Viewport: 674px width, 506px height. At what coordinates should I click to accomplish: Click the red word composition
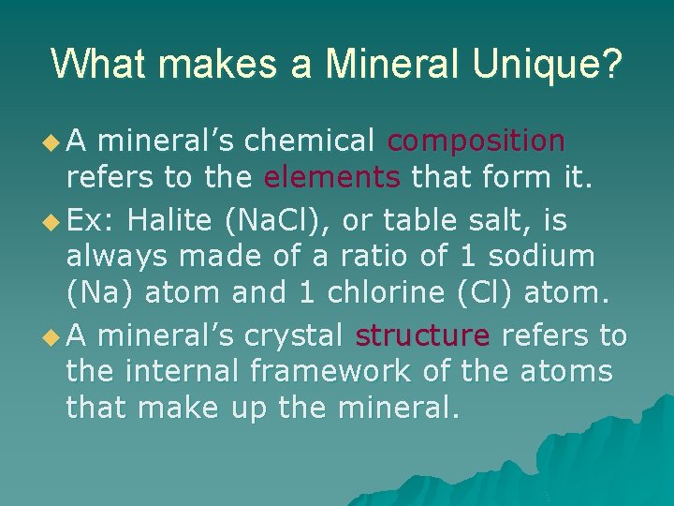tap(476, 141)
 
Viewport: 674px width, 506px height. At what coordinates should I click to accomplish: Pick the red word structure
tap(422, 335)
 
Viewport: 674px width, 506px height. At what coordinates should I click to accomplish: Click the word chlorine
tap(392, 292)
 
